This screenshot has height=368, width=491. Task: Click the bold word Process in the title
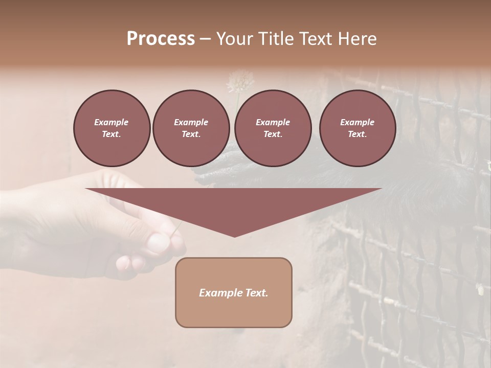pyautogui.click(x=161, y=39)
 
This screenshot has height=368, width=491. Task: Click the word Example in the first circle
pyautogui.click(x=111, y=122)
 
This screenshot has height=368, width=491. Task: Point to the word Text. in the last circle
pyautogui.click(x=357, y=134)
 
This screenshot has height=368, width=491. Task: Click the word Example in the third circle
pyautogui.click(x=273, y=122)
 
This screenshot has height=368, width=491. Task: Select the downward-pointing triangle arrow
pyautogui.click(x=234, y=204)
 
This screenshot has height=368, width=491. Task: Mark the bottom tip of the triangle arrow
pyautogui.click(x=234, y=236)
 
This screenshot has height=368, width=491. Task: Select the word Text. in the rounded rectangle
pyautogui.click(x=258, y=293)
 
